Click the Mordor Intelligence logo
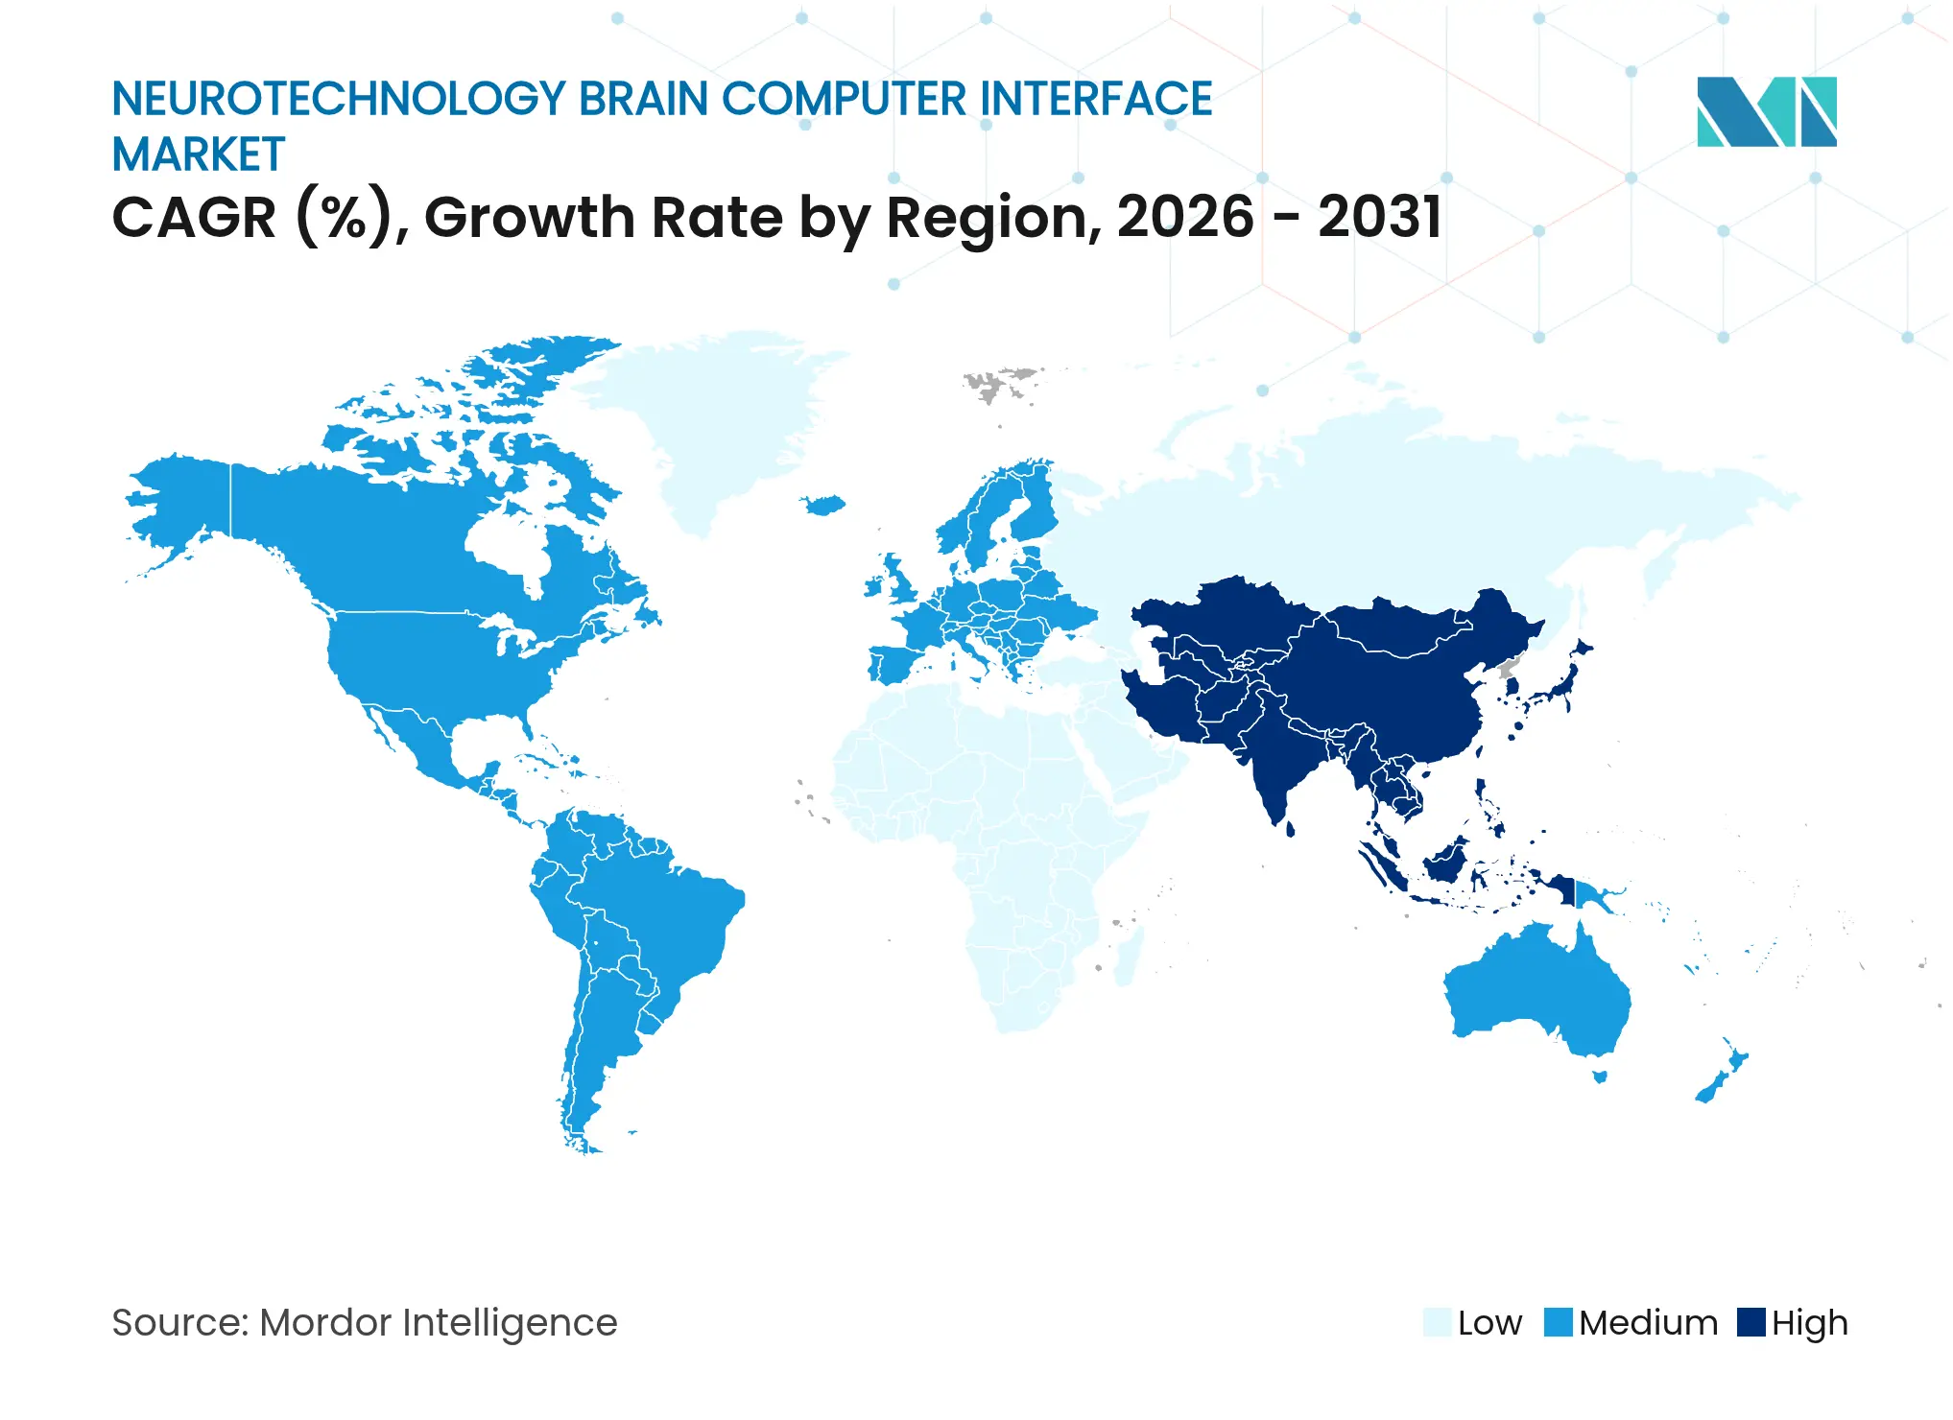tap(1766, 111)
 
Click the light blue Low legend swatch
tap(1437, 1322)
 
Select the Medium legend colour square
tap(1559, 1322)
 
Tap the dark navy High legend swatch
tap(1751, 1322)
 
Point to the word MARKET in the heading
tap(199, 154)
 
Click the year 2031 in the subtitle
tap(1379, 217)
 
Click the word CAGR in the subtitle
tap(195, 217)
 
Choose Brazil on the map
tap(662, 921)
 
